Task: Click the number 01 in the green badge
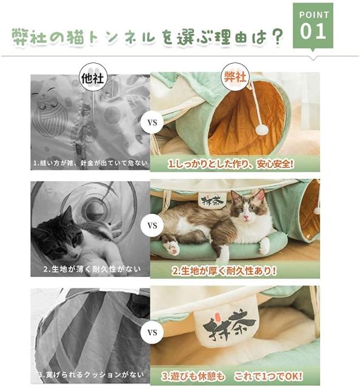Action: click(x=313, y=31)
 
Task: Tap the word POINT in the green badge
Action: click(x=313, y=14)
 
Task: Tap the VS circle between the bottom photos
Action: click(x=152, y=332)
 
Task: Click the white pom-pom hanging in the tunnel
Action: click(x=262, y=129)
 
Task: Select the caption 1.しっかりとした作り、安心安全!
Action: click(x=232, y=164)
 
